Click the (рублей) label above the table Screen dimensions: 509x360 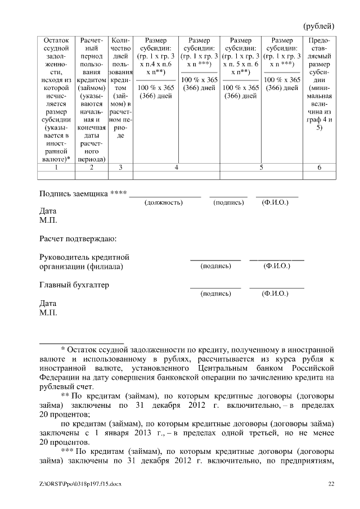click(x=318, y=26)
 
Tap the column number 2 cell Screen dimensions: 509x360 click(x=92, y=167)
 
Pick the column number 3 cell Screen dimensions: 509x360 click(x=120, y=167)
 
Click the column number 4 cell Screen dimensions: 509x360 click(x=176, y=167)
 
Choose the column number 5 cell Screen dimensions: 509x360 click(x=262, y=167)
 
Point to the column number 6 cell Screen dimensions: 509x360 click(x=319, y=167)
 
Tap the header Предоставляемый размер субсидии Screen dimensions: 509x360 click(x=319, y=84)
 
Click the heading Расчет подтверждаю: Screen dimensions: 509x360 click(x=78, y=239)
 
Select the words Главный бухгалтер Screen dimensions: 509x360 click(x=74, y=285)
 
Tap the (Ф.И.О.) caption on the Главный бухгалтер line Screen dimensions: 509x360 click(x=276, y=294)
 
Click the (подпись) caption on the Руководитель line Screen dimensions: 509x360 click(x=215, y=265)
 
